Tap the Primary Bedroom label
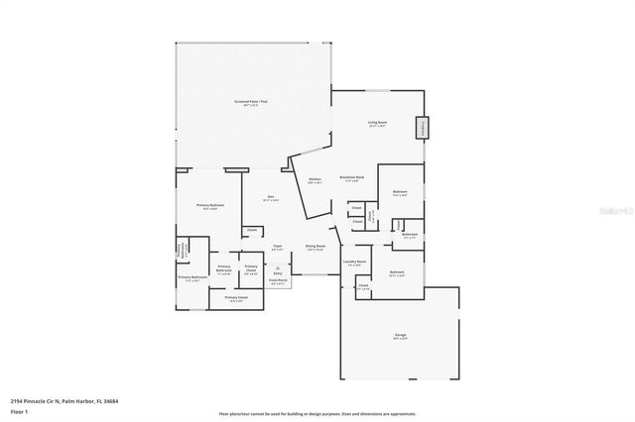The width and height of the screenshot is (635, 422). pyautogui.click(x=210, y=206)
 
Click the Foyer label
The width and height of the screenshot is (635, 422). pyautogui.click(x=279, y=248)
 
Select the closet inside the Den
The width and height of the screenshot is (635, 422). pyautogui.click(x=252, y=230)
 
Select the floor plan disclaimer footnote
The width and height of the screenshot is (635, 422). pyautogui.click(x=317, y=412)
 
